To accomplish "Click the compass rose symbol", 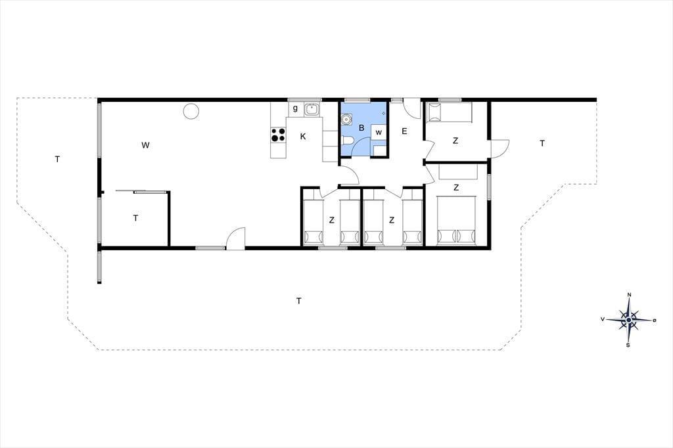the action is [x=628, y=320].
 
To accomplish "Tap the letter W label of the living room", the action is [x=145, y=145].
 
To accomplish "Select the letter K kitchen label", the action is [x=303, y=137].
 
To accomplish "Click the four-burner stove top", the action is [x=278, y=135].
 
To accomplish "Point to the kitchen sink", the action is [x=312, y=110].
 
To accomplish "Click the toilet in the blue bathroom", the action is [x=347, y=140].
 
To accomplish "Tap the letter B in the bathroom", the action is [x=361, y=128].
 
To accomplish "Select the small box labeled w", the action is [x=379, y=132].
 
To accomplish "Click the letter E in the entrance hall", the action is [x=404, y=131].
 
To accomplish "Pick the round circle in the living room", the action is [x=191, y=112].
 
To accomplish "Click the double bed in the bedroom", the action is [x=456, y=221].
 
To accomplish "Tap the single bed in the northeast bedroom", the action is [x=448, y=112].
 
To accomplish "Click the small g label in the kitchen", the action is [x=295, y=108].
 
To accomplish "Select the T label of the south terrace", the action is [x=299, y=301].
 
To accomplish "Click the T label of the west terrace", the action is [x=57, y=159].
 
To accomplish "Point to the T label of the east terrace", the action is [x=542, y=143].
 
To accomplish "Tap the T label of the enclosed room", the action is [x=135, y=218].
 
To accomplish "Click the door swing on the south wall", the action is [x=235, y=238].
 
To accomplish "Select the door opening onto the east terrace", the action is [x=500, y=148].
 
